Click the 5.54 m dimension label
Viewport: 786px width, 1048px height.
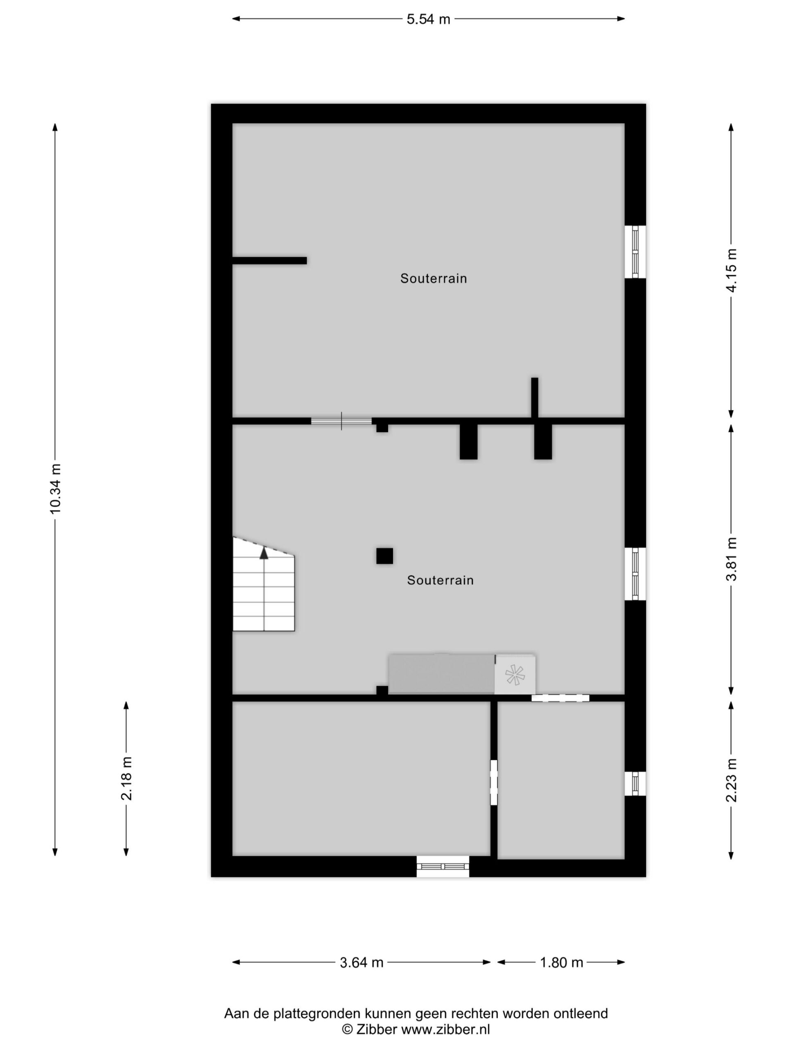point(428,19)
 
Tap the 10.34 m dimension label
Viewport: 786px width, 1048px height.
point(55,488)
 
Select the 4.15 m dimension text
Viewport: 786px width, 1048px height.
point(732,271)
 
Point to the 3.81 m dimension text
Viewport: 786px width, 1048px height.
point(732,559)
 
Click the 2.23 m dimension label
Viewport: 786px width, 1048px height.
point(732,780)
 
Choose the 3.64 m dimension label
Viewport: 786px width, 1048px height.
point(361,963)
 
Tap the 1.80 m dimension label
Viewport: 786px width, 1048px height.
point(561,963)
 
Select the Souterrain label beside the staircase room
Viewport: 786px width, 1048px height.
point(440,580)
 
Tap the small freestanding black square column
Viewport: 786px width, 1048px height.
point(385,556)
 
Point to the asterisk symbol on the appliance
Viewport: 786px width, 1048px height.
point(515,675)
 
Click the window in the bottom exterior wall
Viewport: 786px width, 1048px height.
point(443,867)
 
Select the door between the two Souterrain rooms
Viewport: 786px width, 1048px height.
point(341,421)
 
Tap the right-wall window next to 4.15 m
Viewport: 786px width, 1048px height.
point(635,252)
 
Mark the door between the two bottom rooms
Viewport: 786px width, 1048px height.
point(494,783)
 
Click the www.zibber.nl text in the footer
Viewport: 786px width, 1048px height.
point(445,1030)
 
